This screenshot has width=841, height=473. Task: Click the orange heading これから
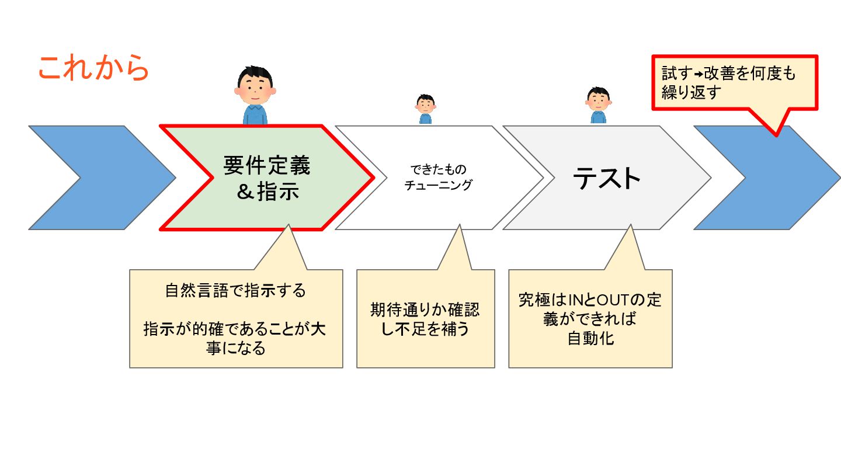(93, 69)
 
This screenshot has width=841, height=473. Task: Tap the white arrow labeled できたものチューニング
(438, 178)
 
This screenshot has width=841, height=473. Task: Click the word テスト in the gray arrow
(607, 178)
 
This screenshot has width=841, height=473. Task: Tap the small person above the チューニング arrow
(425, 109)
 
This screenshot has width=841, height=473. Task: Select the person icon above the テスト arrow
(598, 105)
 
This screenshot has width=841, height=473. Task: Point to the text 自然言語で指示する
(235, 291)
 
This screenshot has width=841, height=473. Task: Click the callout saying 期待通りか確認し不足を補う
(425, 319)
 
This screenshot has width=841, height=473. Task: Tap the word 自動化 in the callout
(590, 339)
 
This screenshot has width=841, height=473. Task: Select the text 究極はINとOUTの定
(590, 301)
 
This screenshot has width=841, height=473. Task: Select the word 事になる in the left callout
(235, 349)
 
